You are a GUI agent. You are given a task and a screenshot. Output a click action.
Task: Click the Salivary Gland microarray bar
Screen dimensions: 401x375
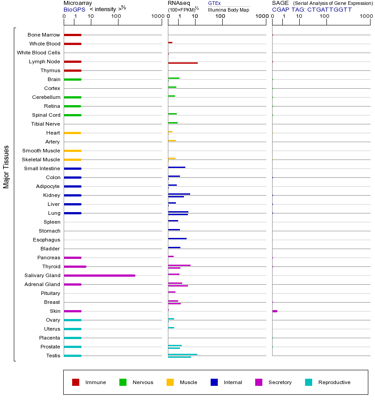[99, 275]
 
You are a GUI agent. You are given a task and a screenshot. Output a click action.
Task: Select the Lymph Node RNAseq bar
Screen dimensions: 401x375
[183, 63]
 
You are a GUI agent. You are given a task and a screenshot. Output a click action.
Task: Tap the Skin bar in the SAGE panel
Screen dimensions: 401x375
[275, 311]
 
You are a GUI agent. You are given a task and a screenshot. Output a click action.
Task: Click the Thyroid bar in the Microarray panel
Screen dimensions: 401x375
[75, 266]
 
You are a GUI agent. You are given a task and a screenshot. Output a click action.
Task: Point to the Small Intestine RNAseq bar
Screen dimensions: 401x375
[176, 167]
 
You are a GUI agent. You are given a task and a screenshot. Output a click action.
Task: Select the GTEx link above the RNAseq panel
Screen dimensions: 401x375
[214, 3]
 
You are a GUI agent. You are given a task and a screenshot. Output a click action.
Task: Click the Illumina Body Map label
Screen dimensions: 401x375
[228, 9]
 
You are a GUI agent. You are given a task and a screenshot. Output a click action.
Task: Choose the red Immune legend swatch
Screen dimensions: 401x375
[76, 382]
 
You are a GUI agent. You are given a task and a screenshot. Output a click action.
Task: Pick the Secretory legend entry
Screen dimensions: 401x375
[280, 382]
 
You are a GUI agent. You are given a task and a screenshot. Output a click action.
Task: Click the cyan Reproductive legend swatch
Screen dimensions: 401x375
[309, 382]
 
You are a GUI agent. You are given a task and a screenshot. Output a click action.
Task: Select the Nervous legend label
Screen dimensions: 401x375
[143, 382]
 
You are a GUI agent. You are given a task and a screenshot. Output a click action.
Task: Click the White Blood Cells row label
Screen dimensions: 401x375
[38, 53]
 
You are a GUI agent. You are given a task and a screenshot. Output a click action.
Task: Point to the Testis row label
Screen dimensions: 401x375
[53, 356]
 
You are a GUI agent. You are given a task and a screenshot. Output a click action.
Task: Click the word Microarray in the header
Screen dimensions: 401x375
[78, 3]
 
